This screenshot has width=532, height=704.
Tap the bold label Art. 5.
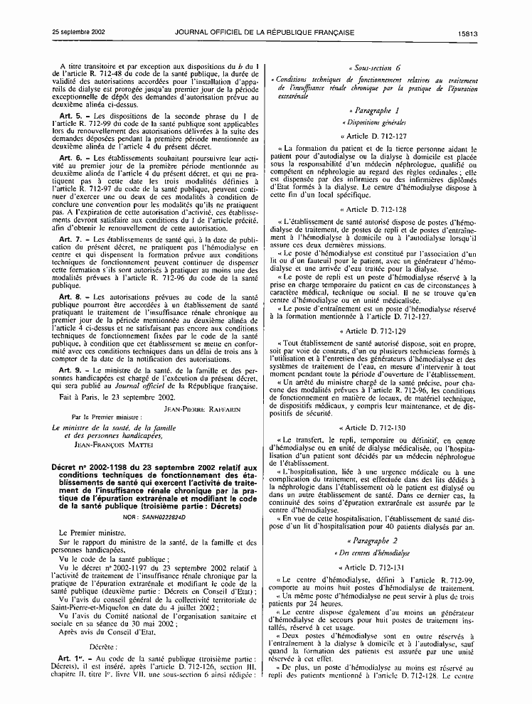(72, 114)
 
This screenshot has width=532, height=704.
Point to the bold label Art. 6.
(72, 157)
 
